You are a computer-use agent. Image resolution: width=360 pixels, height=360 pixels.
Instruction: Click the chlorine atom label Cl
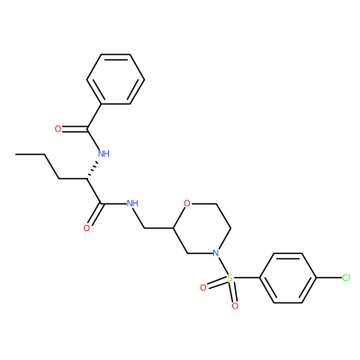click(346, 278)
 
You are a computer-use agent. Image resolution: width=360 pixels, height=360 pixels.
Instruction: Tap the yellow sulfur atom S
click(229, 278)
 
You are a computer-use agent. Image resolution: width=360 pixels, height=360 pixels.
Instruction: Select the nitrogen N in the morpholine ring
click(215, 253)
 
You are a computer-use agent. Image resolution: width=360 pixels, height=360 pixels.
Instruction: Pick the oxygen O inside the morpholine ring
click(187, 203)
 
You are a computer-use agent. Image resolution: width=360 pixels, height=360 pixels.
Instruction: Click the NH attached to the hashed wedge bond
click(103, 154)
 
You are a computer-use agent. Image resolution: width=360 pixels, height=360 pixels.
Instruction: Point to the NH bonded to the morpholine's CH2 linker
click(132, 203)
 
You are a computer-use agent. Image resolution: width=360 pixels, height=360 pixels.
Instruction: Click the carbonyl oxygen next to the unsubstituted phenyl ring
click(58, 130)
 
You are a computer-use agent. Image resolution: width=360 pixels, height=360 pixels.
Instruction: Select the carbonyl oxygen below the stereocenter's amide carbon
click(86, 229)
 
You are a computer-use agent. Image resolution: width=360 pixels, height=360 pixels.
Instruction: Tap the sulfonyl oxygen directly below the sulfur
click(235, 306)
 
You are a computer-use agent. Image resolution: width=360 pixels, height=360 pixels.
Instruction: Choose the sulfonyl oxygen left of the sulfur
click(203, 288)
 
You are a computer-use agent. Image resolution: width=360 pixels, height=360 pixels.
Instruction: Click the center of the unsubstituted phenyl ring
click(115, 79)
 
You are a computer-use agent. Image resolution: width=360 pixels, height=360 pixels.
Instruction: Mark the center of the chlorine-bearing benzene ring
click(288, 278)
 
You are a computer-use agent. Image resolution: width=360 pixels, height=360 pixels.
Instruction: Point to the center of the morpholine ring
click(202, 229)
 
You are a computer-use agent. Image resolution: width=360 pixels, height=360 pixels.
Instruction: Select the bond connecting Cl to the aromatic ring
click(328, 278)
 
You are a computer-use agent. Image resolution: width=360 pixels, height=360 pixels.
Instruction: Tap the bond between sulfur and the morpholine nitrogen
click(222, 265)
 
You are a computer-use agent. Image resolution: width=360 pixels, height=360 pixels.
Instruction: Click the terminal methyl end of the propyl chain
click(16, 154)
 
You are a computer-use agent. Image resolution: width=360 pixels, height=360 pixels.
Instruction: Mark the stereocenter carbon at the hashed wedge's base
click(87, 179)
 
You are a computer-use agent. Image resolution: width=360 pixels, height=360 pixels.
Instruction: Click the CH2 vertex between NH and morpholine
click(145, 229)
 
